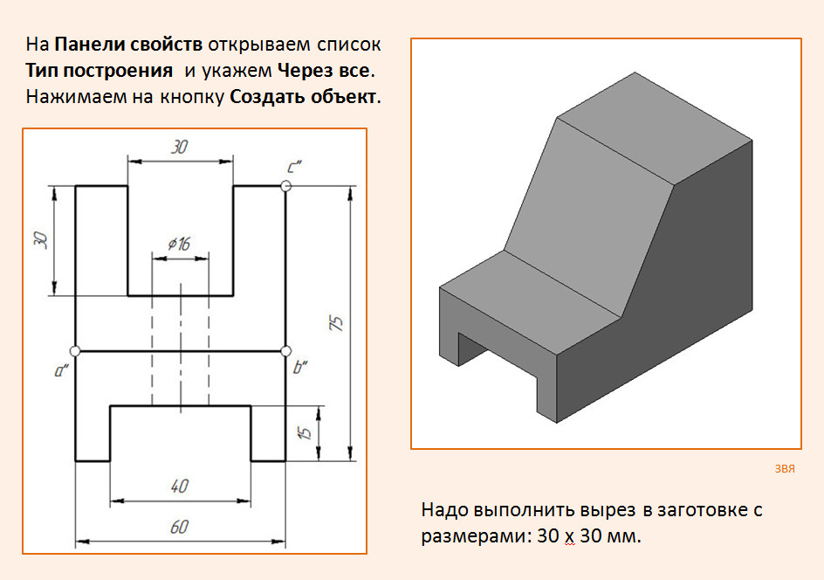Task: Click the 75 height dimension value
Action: (x=337, y=323)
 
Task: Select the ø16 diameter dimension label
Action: (x=179, y=244)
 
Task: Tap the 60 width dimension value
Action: (x=180, y=527)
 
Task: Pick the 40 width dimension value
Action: (x=180, y=486)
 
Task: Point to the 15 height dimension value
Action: (x=305, y=432)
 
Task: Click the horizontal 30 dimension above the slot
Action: (x=180, y=147)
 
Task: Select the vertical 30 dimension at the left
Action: (x=40, y=239)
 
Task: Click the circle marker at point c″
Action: (x=286, y=186)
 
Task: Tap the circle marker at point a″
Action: (x=75, y=351)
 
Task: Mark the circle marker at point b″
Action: (x=286, y=351)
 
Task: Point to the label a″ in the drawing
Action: (x=61, y=370)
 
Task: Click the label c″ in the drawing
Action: (x=295, y=167)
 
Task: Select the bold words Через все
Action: (x=324, y=71)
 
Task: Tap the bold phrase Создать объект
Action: (x=303, y=97)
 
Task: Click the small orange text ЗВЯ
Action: (x=785, y=468)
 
